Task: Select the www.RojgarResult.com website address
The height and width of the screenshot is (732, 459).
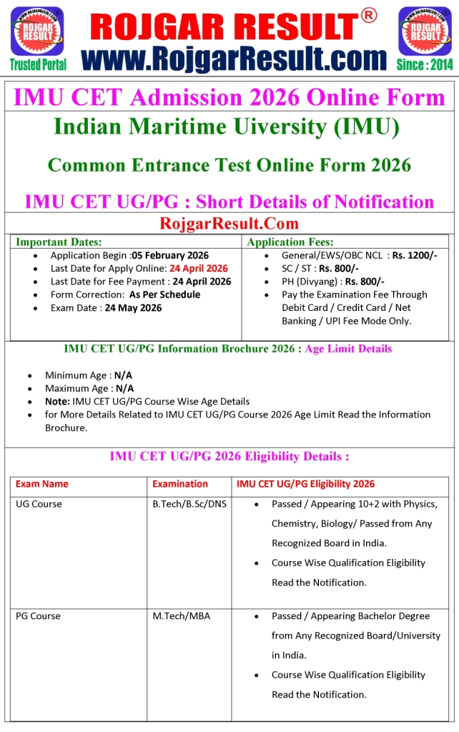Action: click(234, 57)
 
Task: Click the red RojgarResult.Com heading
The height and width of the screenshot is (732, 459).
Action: click(229, 224)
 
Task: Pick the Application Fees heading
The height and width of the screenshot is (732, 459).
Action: click(290, 242)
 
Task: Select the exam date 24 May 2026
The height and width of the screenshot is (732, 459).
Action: click(133, 307)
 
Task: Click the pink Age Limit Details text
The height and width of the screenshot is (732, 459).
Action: click(348, 349)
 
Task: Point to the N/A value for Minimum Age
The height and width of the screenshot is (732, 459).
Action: click(124, 375)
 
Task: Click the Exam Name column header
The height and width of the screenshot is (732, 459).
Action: click(42, 484)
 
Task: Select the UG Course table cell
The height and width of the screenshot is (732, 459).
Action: click(39, 504)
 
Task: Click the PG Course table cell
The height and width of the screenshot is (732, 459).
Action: click(38, 615)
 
